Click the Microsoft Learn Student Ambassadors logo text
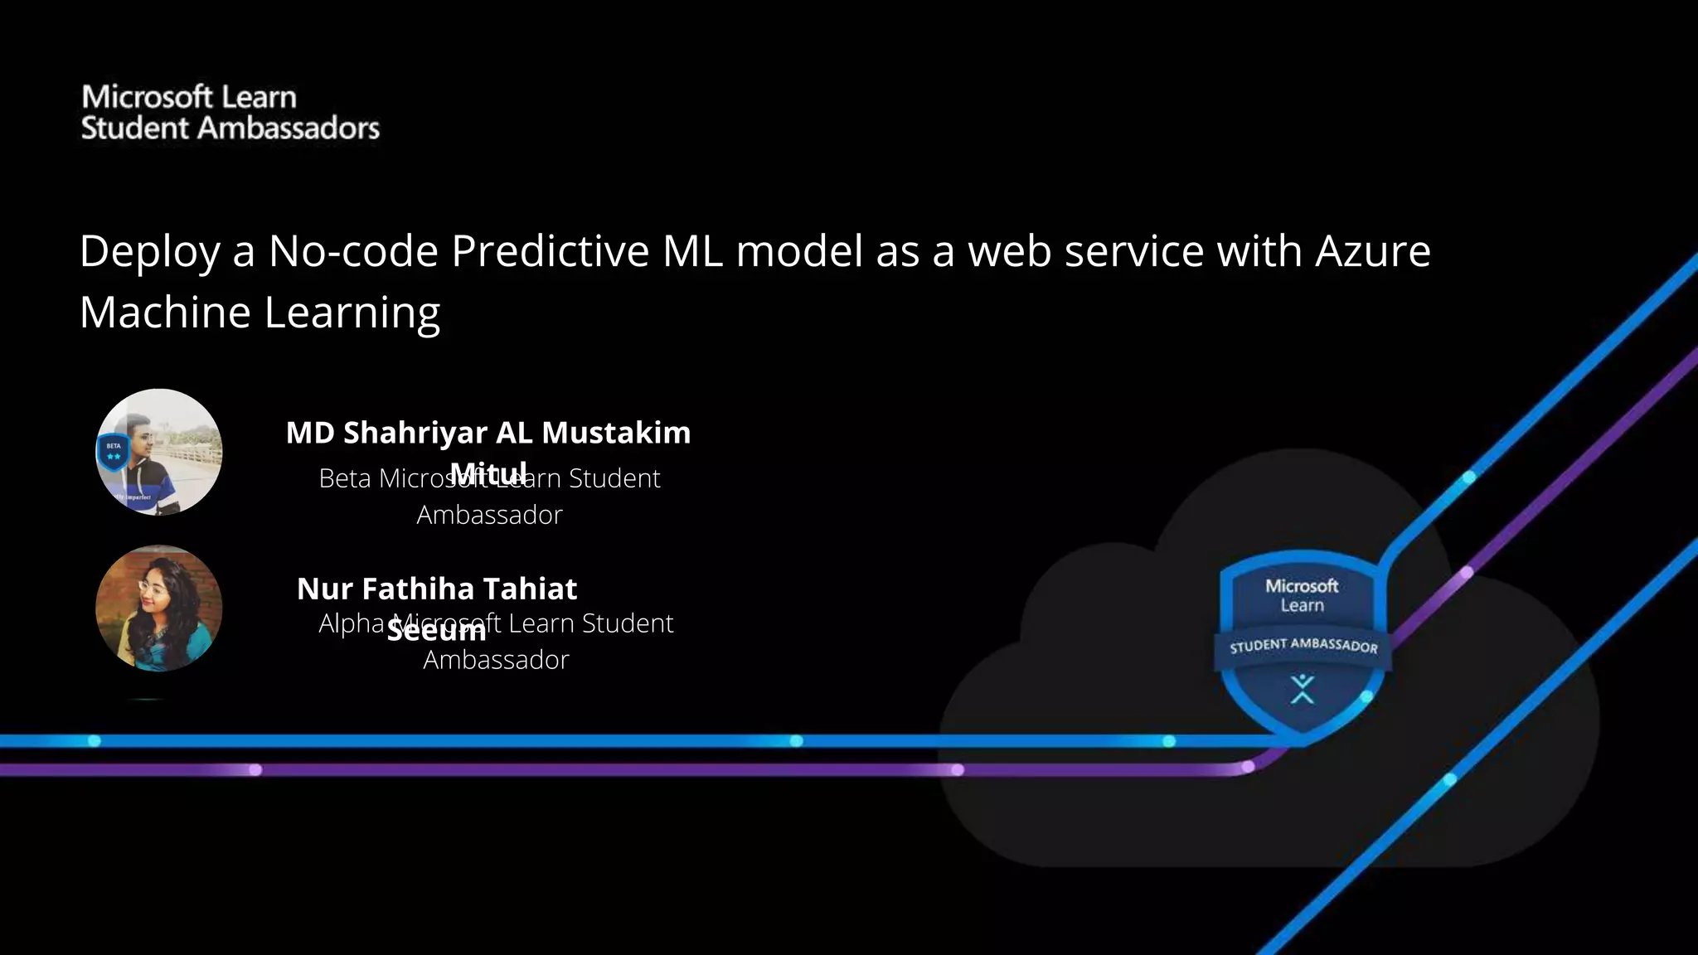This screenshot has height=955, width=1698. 230,113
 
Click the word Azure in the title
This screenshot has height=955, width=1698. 1372,250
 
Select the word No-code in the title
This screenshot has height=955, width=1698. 352,250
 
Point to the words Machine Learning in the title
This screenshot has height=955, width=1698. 260,313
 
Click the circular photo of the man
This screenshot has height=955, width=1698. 159,452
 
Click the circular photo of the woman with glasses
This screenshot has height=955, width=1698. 159,608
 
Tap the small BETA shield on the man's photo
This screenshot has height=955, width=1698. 114,453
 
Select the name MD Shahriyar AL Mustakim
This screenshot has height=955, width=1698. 488,432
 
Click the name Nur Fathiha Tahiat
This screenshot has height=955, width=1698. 437,589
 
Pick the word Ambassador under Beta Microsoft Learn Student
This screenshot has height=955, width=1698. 489,515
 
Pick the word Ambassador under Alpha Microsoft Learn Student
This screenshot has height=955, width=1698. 496,660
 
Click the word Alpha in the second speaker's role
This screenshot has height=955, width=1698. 351,623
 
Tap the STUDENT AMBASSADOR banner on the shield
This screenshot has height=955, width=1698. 1303,646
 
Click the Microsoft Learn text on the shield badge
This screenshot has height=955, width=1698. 1302,595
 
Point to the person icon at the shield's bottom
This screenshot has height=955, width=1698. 1303,689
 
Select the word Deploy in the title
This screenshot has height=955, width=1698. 150,252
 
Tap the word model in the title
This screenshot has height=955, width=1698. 799,250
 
